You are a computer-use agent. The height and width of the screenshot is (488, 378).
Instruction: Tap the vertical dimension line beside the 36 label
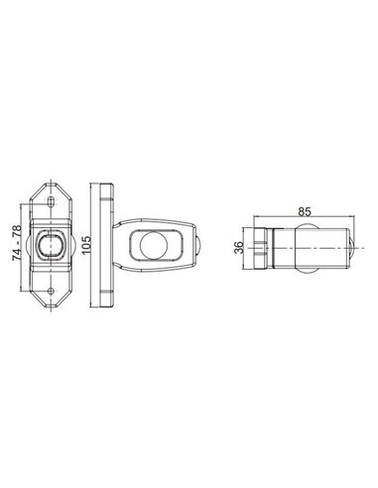[x=248, y=244]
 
